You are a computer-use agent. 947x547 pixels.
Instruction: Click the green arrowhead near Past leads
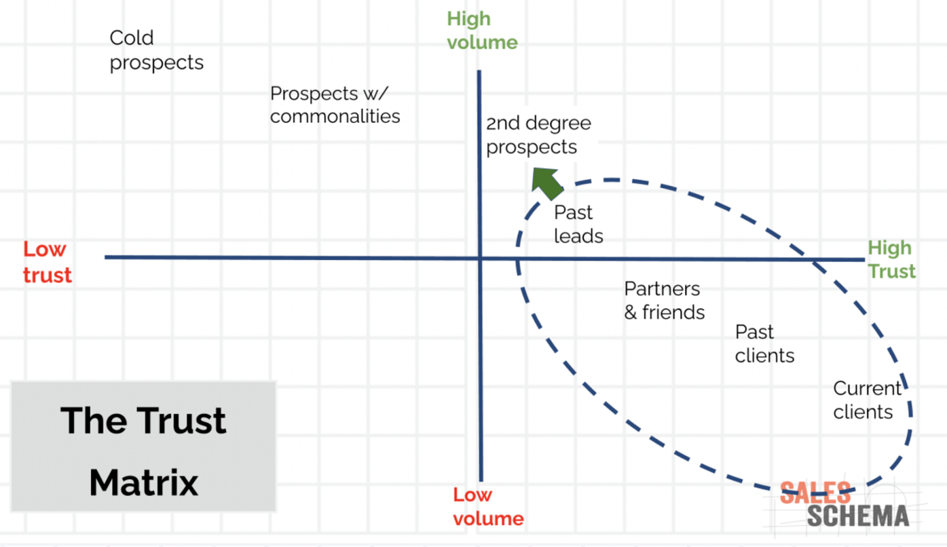point(546,182)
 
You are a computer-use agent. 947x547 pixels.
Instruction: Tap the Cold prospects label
point(156,50)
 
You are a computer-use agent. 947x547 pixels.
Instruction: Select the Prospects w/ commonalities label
point(335,105)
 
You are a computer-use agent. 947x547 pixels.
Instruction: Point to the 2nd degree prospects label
point(539,135)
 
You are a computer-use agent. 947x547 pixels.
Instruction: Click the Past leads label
point(578,224)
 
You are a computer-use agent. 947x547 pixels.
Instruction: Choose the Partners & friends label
point(664,300)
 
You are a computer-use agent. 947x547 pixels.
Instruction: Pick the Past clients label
point(764,343)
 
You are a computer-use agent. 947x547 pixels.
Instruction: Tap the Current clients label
point(866,400)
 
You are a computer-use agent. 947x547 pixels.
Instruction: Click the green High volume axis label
point(482,31)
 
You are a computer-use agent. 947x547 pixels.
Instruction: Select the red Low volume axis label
point(488,507)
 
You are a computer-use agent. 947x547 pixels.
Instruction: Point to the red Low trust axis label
point(47,262)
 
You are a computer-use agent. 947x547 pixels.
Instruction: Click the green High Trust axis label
point(891,260)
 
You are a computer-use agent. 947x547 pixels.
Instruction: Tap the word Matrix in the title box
point(144,483)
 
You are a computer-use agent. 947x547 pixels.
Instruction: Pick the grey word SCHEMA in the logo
point(858,516)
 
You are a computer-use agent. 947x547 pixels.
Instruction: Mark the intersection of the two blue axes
point(480,258)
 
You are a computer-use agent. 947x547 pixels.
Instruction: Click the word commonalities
point(335,116)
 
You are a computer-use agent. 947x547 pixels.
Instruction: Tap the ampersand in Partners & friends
point(630,313)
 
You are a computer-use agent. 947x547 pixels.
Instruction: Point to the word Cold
point(131,38)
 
